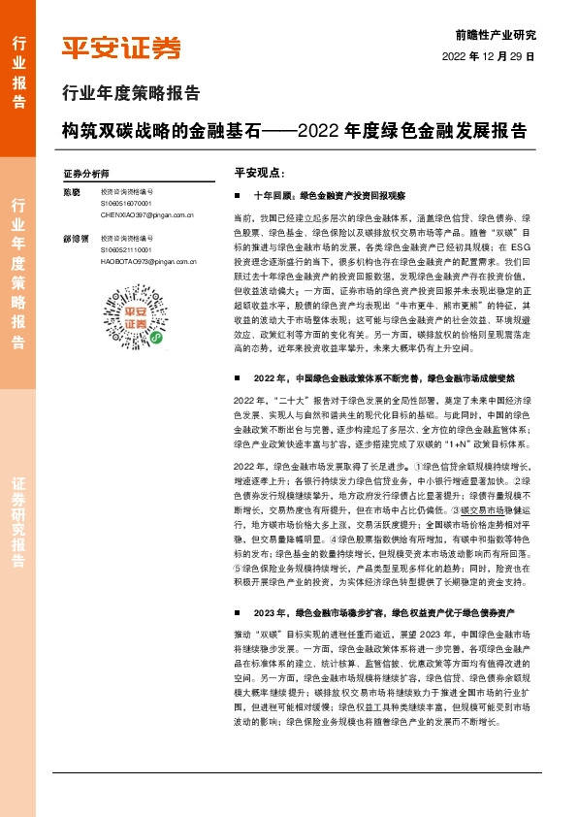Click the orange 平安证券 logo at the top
[121, 49]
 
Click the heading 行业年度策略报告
[130, 94]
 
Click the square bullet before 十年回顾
[239, 195]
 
